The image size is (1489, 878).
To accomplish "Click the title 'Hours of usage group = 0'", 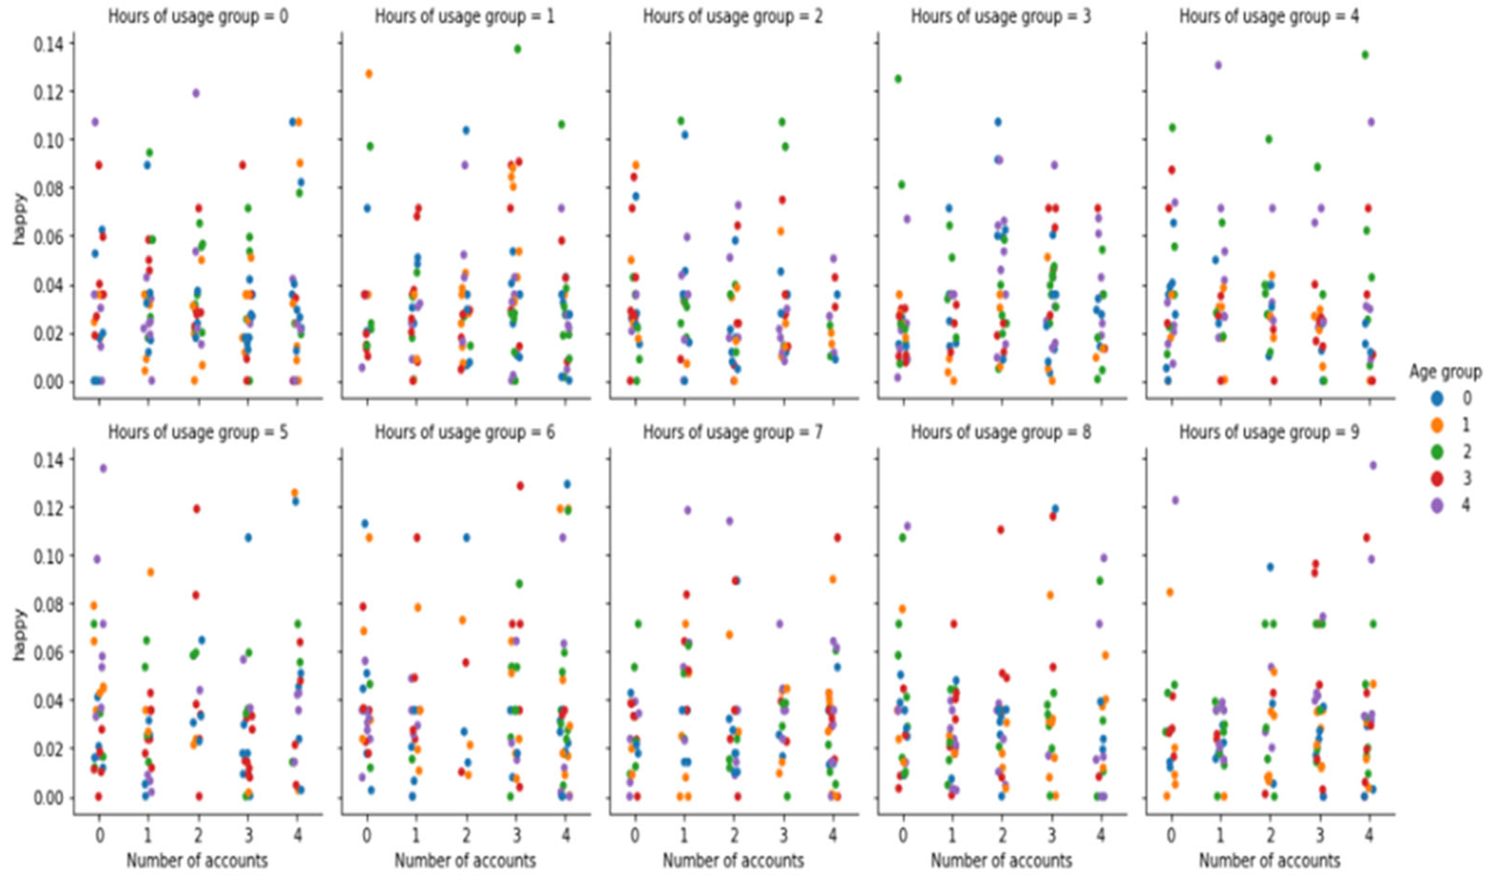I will [x=197, y=16].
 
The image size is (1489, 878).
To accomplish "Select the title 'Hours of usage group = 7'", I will [x=733, y=432].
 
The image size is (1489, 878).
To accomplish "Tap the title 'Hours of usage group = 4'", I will [x=1269, y=16].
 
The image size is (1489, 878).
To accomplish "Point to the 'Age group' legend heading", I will [x=1445, y=372].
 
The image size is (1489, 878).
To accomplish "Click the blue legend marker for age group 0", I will [x=1436, y=398].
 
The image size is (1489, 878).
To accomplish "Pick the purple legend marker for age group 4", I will [x=1436, y=505].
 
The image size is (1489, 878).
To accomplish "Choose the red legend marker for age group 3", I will [x=1436, y=478].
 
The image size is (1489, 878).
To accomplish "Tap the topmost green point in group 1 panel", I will [x=517, y=49].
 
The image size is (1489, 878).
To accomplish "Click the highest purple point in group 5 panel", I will [x=103, y=468].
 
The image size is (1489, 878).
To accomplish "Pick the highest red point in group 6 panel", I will [x=520, y=486].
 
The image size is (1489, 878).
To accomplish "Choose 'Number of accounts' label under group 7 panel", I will [x=733, y=860].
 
